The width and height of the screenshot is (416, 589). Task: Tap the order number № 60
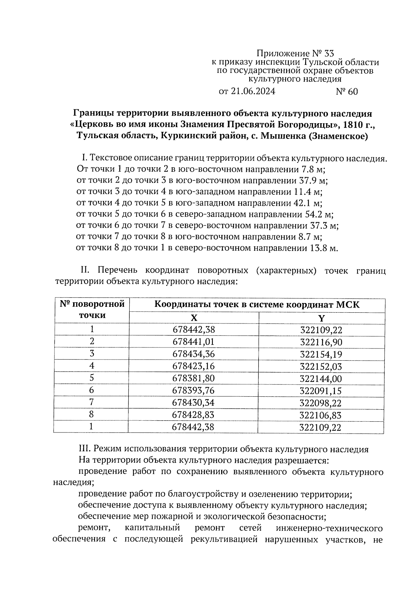coord(347,92)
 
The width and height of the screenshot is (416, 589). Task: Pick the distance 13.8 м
coord(322,248)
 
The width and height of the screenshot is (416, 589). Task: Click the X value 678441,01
coord(193,342)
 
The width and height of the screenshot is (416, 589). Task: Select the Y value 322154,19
coord(321,354)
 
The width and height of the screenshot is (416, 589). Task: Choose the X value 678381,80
coord(193,378)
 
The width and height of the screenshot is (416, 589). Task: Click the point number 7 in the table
coord(92,402)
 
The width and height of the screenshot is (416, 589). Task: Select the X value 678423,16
coord(193,366)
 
